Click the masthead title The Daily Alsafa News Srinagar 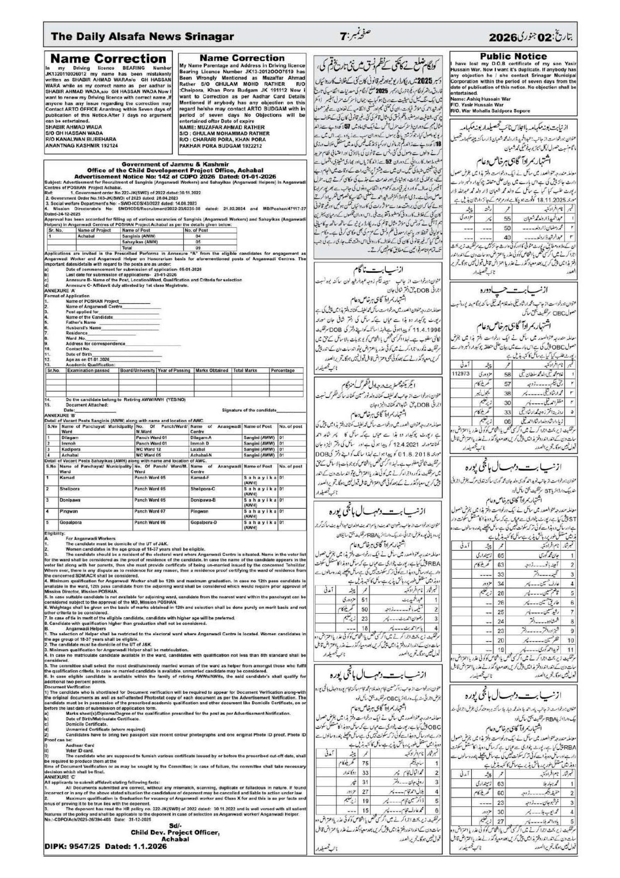pos(142,37)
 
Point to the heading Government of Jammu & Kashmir pos(175,164)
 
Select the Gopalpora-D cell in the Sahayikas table pos(203,522)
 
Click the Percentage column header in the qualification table pos(283,370)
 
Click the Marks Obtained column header pos(212,370)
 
